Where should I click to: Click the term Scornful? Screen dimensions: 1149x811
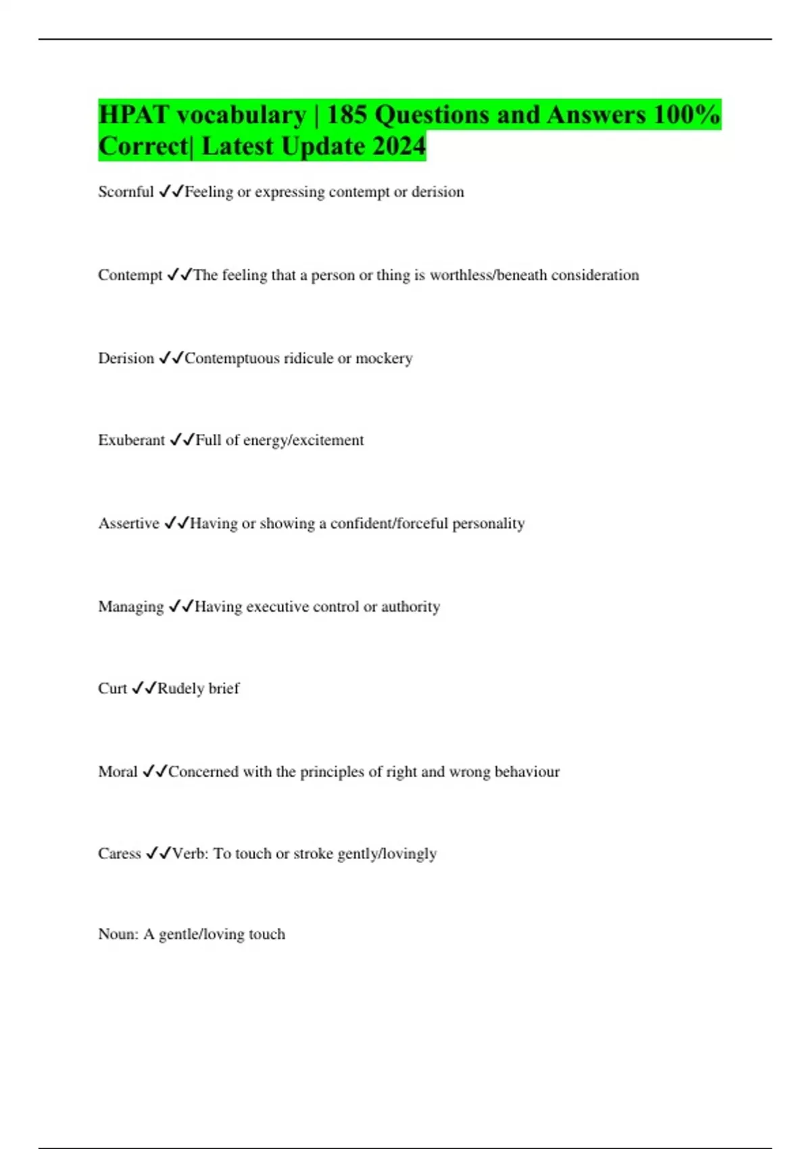point(126,192)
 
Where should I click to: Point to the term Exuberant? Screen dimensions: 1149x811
point(131,441)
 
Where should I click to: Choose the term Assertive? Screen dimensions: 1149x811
point(128,524)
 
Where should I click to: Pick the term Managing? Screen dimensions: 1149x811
point(130,607)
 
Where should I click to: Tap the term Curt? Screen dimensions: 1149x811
point(112,689)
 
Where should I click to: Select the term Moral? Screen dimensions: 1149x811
point(118,772)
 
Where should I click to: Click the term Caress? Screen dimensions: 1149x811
point(120,854)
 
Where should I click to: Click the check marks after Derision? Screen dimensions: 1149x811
point(171,358)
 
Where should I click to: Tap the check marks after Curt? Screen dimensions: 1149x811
point(144,689)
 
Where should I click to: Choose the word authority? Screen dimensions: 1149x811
point(410,607)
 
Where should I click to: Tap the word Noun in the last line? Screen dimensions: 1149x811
point(118,934)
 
